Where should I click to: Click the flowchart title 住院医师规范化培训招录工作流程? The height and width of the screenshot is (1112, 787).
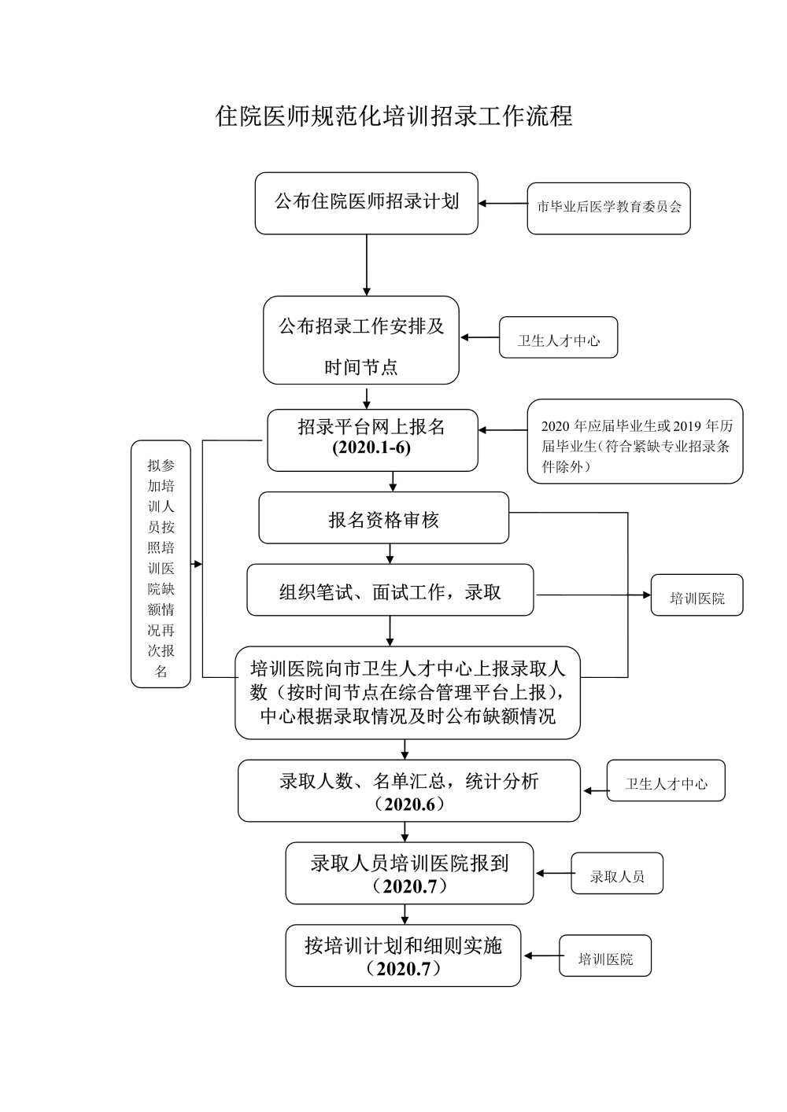393,116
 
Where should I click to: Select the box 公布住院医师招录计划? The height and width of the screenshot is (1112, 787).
366,203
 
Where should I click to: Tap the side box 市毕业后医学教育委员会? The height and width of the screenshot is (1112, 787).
608,208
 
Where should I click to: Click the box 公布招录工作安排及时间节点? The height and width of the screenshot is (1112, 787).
361,341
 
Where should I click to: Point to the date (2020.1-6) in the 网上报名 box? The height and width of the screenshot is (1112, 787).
371,449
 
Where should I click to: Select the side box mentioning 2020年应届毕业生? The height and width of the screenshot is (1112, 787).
634,441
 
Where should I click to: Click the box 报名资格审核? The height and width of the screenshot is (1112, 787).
383,518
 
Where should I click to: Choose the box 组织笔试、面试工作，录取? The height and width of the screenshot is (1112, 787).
390,590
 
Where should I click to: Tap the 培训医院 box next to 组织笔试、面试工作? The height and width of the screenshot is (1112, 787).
696,595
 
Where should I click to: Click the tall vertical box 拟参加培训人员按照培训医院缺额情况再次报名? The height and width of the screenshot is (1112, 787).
161,564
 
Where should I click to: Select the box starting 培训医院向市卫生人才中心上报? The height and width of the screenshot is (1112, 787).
407,692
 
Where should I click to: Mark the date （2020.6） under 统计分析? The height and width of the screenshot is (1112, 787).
409,805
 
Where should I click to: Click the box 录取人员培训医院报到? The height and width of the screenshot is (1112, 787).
409,873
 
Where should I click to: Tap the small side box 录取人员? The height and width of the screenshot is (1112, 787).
617,874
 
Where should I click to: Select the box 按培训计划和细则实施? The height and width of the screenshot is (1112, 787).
403,956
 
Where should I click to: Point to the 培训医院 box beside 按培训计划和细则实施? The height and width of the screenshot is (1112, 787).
605,956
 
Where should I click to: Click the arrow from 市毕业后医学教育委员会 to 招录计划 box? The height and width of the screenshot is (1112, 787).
503,204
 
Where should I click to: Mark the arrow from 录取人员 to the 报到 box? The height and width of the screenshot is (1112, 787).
553,873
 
